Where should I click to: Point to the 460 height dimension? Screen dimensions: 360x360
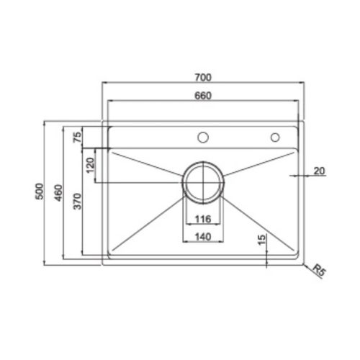tap(59, 192)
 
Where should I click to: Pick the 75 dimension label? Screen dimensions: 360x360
tap(78, 136)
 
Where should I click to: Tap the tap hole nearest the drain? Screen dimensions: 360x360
tap(204, 137)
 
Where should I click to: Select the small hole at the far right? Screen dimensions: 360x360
tap(274, 137)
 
